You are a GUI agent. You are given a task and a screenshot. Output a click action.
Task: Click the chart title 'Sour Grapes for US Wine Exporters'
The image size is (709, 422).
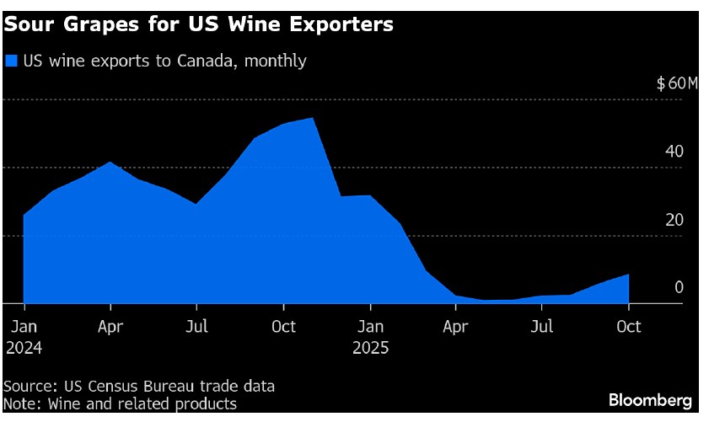(198, 24)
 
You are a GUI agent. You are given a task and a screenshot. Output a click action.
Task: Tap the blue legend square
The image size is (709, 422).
(12, 61)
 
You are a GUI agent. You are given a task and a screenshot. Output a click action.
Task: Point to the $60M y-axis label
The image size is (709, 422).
(678, 83)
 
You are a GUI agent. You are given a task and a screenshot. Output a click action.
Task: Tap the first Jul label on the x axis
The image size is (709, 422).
(197, 326)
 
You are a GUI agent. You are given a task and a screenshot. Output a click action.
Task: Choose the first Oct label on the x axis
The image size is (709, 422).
(284, 326)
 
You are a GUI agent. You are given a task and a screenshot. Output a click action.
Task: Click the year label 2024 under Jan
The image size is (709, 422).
(24, 346)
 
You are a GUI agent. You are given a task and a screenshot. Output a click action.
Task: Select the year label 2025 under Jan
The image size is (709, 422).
(371, 346)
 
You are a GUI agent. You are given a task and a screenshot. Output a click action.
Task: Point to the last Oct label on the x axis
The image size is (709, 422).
(629, 326)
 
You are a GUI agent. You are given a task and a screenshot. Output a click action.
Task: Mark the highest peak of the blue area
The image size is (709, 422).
(314, 118)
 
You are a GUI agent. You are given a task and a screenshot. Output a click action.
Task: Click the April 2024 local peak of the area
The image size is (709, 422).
(110, 162)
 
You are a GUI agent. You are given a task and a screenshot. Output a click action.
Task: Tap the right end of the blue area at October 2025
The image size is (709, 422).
(628, 275)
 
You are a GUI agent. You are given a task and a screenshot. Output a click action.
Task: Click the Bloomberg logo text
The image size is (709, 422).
(651, 399)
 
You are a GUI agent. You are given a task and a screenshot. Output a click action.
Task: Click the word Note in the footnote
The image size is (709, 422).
(20, 403)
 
